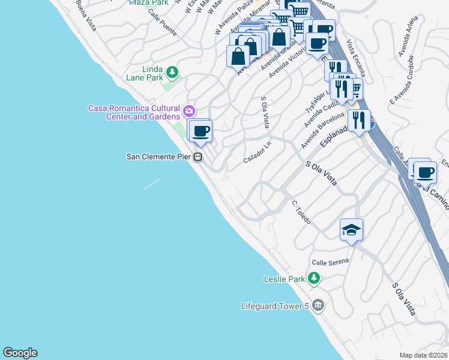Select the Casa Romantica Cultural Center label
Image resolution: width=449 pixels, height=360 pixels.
click(x=134, y=112)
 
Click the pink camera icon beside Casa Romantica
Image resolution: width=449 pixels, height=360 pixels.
click(x=189, y=111)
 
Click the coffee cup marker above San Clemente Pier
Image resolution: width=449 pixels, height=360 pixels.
click(x=200, y=131)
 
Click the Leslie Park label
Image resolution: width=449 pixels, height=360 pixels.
click(x=285, y=279)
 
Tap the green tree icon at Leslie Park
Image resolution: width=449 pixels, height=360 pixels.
click(x=313, y=278)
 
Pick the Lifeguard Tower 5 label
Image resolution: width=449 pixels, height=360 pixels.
click(x=274, y=306)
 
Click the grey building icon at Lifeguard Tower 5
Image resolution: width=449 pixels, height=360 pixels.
click(x=318, y=306)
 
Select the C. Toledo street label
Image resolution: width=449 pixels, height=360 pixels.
click(x=301, y=212)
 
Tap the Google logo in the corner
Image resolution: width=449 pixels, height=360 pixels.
click(x=20, y=353)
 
